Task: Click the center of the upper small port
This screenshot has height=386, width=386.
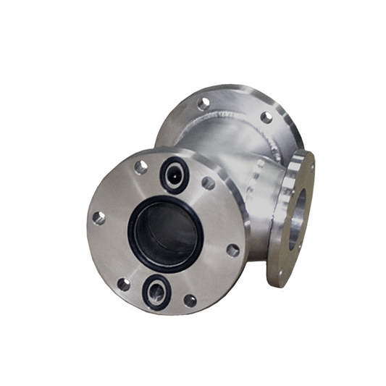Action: [174, 172]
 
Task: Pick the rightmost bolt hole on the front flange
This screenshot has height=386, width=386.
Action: [232, 251]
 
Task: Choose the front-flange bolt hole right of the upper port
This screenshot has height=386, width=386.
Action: [208, 184]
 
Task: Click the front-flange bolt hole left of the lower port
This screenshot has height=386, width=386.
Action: [123, 282]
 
